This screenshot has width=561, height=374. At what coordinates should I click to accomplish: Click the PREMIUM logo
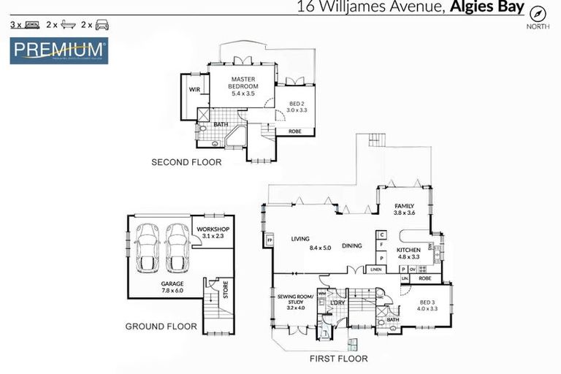coord(59,51)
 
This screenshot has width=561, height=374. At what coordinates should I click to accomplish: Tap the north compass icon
coord(538,14)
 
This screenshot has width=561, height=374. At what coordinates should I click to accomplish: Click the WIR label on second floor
coord(194,89)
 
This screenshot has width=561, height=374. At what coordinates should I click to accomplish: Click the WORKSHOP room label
coord(213,232)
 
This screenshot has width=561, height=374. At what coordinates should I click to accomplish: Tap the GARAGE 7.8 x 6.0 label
coord(172,286)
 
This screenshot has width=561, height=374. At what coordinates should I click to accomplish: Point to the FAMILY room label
coord(404,210)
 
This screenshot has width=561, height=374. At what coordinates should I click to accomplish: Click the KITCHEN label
coord(408,253)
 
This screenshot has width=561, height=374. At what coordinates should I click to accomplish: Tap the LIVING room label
coord(301,239)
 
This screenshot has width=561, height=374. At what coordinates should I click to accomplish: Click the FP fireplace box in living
coord(269,240)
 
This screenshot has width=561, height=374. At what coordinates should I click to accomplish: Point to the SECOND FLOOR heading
coord(186,162)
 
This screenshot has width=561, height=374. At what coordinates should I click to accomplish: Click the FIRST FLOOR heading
coord(338,359)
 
